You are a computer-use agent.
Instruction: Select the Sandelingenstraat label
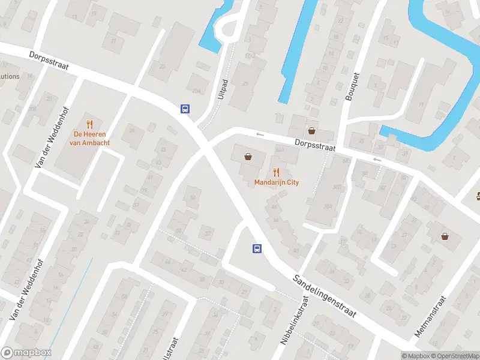325,296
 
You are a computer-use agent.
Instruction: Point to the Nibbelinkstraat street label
294,324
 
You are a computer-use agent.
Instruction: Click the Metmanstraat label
431,316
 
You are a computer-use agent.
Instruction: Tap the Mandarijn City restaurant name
277,182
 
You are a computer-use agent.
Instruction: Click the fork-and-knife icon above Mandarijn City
276,172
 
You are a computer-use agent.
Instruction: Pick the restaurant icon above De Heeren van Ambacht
90,124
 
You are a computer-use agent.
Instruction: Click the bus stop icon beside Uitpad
186,109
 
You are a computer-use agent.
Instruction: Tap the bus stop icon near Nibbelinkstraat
257,248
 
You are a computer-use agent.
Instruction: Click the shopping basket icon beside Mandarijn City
248,157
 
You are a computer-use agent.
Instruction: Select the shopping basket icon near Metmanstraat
445,236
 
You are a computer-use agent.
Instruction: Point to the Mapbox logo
26,353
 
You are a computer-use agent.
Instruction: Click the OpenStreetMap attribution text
453,356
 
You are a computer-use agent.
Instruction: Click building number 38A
328,205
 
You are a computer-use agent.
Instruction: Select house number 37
208,233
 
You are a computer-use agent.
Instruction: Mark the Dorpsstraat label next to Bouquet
314,144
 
